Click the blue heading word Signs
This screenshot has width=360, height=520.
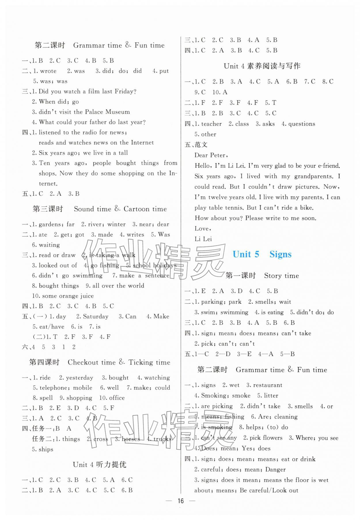(x=280, y=254)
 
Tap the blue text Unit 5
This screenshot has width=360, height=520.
(x=246, y=254)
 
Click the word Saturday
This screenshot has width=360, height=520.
(x=96, y=316)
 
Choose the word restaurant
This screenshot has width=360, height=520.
(x=268, y=385)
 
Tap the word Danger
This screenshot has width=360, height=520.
(x=275, y=469)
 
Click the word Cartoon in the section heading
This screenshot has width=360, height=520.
(x=137, y=209)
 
